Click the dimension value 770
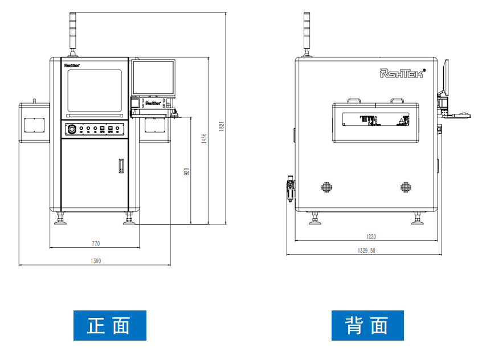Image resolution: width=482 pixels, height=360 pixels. coord(96,244)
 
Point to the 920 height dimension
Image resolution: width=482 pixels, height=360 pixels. coord(186,171)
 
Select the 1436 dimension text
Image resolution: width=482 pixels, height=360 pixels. coord(204,139)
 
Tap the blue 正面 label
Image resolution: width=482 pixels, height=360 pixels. coord(109,325)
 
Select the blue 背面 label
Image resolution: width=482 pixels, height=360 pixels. coord(367,325)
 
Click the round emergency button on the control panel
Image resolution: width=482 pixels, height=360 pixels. coord(72,129)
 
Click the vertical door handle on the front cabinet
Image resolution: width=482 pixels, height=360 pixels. coord(120,166)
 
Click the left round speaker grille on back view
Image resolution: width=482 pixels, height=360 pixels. coord(327,187)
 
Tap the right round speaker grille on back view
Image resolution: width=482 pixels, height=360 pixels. coord(406,187)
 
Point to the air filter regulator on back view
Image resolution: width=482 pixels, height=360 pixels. coord(290,187)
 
